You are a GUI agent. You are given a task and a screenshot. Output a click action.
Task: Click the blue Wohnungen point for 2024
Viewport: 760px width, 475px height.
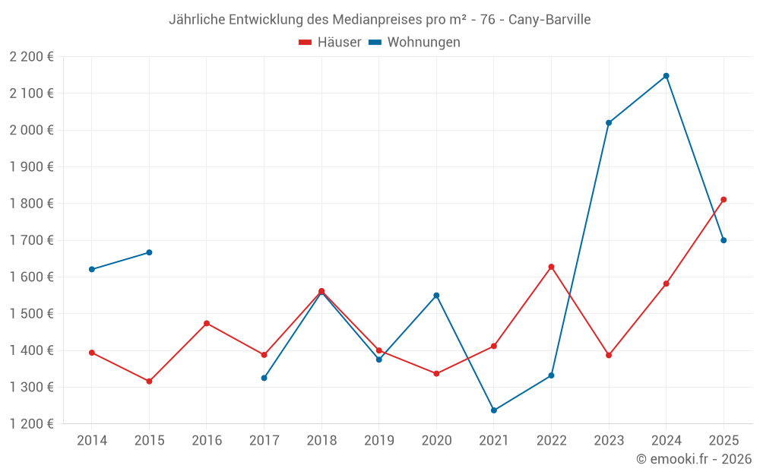coord(666,76)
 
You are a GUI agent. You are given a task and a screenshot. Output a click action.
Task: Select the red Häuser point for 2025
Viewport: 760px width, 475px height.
coord(724,200)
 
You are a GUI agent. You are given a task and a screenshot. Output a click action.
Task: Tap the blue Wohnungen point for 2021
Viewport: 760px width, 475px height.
coord(494,410)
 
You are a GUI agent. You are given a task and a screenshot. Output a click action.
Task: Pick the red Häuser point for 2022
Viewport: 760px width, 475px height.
coord(551,267)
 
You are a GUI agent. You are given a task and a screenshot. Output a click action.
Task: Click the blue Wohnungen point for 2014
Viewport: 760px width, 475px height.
coord(92,269)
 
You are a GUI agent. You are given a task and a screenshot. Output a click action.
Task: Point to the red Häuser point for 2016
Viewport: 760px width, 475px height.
coord(207,324)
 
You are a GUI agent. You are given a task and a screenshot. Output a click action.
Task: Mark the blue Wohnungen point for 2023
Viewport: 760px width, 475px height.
coord(609,122)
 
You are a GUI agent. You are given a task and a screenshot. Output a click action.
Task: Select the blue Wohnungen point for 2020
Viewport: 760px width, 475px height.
coord(436,296)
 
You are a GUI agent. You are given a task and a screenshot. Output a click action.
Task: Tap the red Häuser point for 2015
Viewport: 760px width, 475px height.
coord(149,382)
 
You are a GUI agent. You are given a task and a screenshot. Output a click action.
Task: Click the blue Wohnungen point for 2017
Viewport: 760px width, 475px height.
coord(264,378)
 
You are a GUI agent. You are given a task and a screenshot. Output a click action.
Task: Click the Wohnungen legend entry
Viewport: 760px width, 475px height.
coord(415,43)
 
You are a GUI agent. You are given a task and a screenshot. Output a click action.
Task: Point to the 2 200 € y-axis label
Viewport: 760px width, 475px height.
coord(32,57)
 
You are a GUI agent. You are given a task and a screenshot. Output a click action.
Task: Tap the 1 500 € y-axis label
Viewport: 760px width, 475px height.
coord(32,314)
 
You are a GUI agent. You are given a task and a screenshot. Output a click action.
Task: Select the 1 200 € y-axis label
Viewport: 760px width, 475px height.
coord(32,424)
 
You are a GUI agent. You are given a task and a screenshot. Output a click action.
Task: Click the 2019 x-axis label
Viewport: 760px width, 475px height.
coord(378,441)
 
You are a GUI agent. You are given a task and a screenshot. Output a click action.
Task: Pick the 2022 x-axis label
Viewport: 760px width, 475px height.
coord(551,441)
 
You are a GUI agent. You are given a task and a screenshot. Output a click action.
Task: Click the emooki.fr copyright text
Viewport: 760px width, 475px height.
coord(694,459)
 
